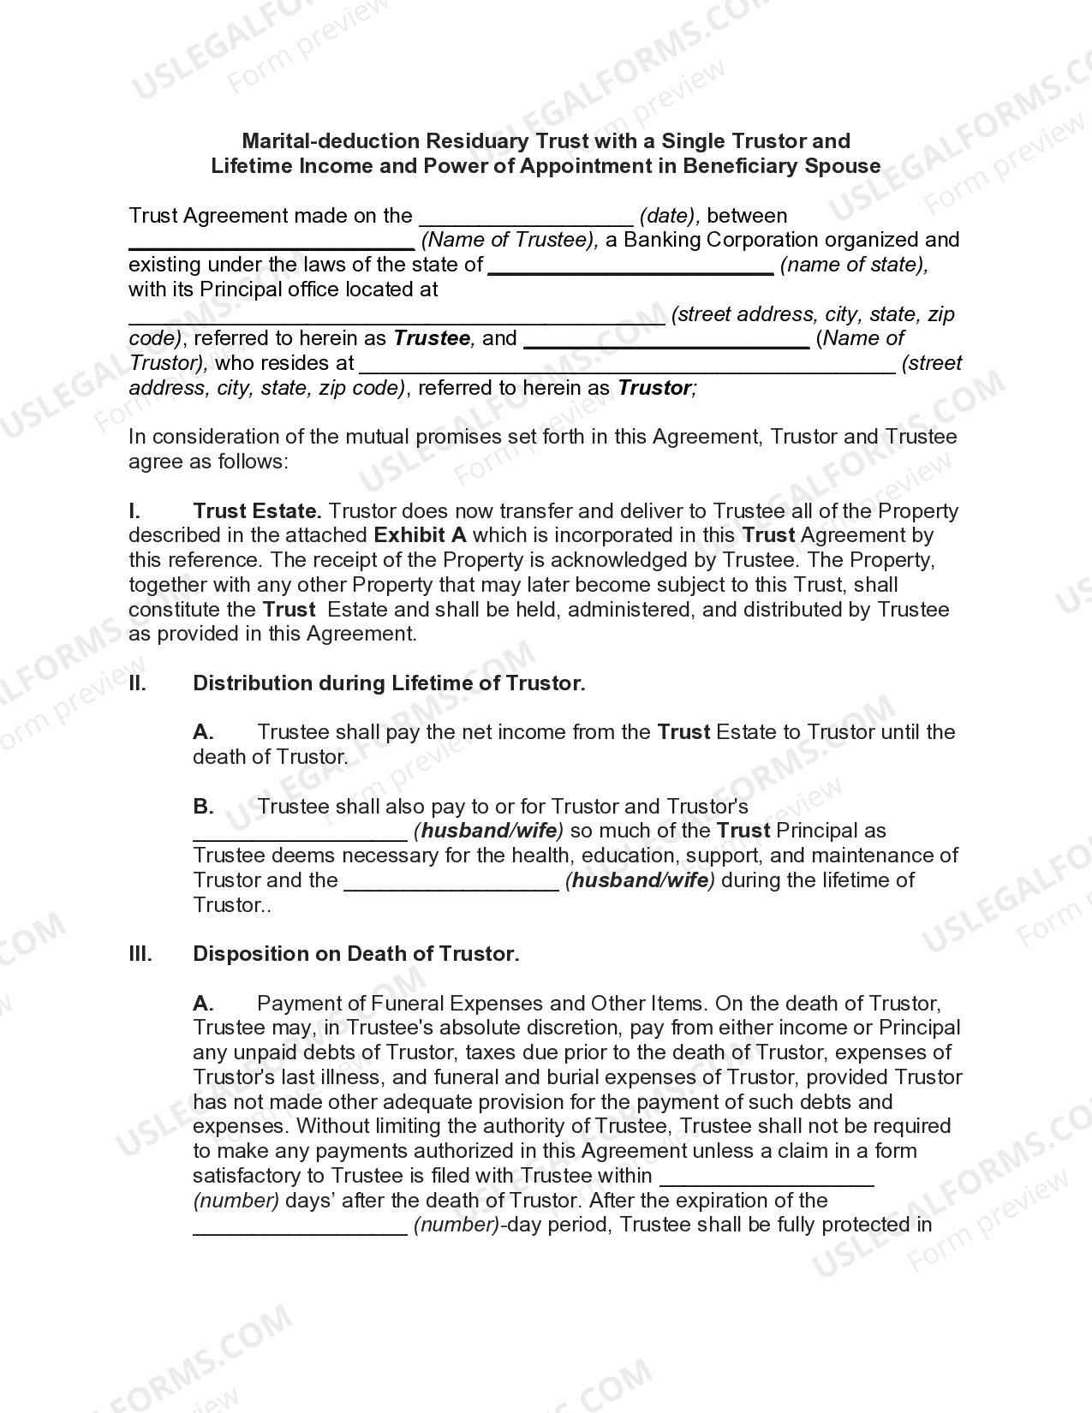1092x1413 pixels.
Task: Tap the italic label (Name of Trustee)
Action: pos(510,241)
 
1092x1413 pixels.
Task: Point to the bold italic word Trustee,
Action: pos(433,338)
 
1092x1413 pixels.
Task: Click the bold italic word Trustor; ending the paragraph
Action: pos(657,388)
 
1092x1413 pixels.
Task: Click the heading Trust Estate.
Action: pos(257,511)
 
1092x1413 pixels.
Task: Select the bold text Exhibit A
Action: pos(420,536)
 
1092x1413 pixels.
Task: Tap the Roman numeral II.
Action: pos(137,683)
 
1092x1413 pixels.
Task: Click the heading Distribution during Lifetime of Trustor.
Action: pos(389,683)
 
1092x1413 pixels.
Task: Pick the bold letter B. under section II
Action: pos(203,807)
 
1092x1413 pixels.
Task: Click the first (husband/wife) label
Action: pos(488,831)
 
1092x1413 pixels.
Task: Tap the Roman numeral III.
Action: pos(140,954)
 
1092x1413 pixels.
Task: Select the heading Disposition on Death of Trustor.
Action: pos(355,954)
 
